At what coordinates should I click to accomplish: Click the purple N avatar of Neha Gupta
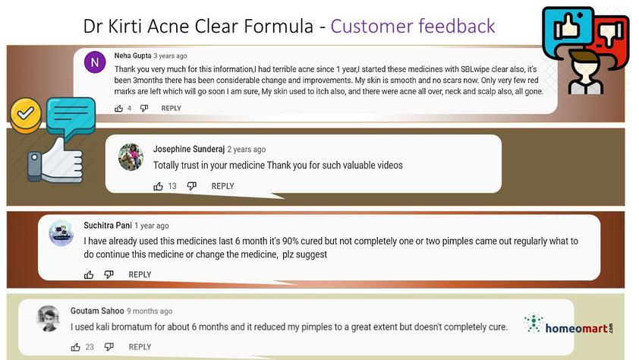95,62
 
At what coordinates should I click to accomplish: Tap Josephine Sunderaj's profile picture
131,157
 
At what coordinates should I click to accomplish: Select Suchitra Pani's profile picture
61,233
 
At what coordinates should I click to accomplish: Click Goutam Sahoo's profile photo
49,318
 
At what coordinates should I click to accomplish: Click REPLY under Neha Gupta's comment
172,108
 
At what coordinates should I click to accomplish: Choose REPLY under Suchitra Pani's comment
140,274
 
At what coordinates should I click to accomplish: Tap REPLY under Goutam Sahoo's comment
140,347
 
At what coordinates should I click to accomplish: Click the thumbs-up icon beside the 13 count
158,186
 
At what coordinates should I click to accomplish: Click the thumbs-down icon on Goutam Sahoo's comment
109,347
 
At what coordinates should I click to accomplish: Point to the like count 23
90,347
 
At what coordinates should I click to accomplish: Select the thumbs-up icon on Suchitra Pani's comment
89,274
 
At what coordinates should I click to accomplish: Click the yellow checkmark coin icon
26,115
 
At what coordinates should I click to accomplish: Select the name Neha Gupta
133,55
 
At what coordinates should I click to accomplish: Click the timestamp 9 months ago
150,311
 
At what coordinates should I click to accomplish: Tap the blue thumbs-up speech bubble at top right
568,30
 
